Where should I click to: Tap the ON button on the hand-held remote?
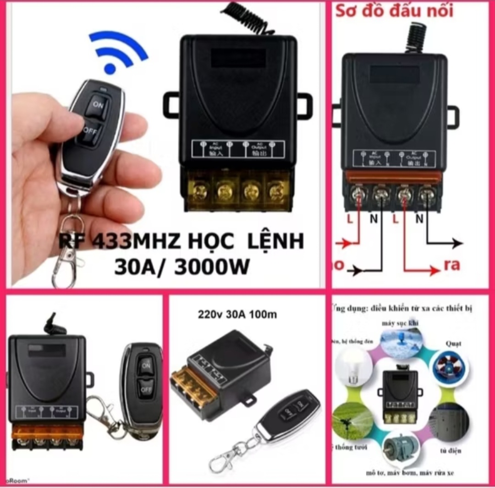(x=98, y=104)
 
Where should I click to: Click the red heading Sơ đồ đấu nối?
(x=395, y=10)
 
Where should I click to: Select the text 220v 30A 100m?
(x=237, y=314)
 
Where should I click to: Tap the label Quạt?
(x=453, y=343)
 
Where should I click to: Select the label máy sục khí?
(x=400, y=323)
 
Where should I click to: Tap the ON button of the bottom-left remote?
(x=145, y=365)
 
